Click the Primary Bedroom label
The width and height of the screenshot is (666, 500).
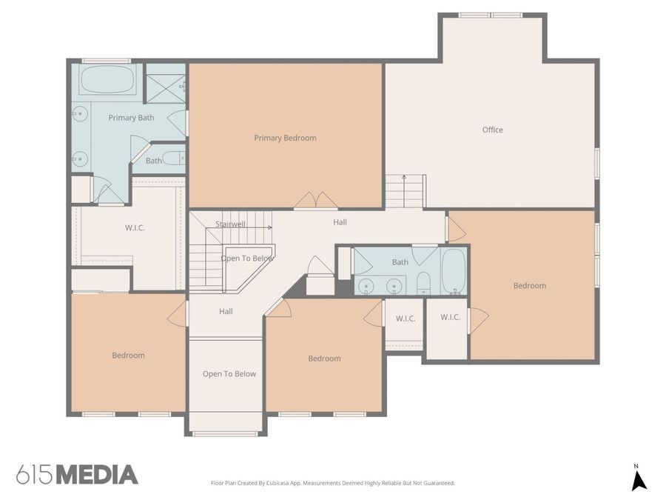[285, 138]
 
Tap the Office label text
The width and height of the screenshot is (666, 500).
[492, 130]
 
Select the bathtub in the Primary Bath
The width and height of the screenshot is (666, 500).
[107, 79]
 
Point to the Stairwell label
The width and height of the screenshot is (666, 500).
[230, 224]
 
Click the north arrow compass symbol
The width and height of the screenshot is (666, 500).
[639, 478]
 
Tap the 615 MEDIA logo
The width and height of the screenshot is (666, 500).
[77, 475]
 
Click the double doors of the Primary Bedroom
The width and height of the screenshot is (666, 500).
[316, 200]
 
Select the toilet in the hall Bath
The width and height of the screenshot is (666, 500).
[423, 283]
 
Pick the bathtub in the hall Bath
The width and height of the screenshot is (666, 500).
[454, 271]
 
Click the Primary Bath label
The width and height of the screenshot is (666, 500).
[131, 118]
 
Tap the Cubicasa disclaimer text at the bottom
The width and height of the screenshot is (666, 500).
[332, 483]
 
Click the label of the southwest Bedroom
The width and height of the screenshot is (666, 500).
[128, 355]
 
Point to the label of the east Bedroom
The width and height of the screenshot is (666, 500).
[530, 285]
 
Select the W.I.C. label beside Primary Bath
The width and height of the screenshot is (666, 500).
[135, 227]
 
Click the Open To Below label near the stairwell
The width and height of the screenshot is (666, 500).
[247, 258]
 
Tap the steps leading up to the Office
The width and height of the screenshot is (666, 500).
[405, 191]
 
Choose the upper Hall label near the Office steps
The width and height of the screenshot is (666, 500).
[340, 222]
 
